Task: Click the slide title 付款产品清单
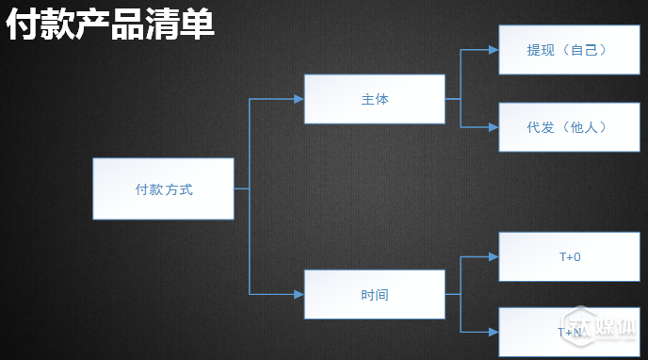(x=111, y=25)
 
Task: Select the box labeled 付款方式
(x=163, y=188)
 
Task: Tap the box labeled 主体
(x=374, y=99)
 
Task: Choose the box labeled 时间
(x=374, y=294)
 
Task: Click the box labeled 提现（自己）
(x=567, y=50)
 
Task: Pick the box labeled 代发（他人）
(x=567, y=127)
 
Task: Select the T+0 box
(x=569, y=256)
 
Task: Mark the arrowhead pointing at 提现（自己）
(x=493, y=50)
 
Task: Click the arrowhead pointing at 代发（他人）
(x=493, y=127)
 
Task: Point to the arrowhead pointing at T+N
(x=493, y=332)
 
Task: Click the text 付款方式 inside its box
(x=164, y=189)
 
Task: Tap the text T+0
(x=570, y=256)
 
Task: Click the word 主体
(x=375, y=99)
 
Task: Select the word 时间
(x=375, y=295)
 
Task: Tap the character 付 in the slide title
(x=22, y=25)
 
